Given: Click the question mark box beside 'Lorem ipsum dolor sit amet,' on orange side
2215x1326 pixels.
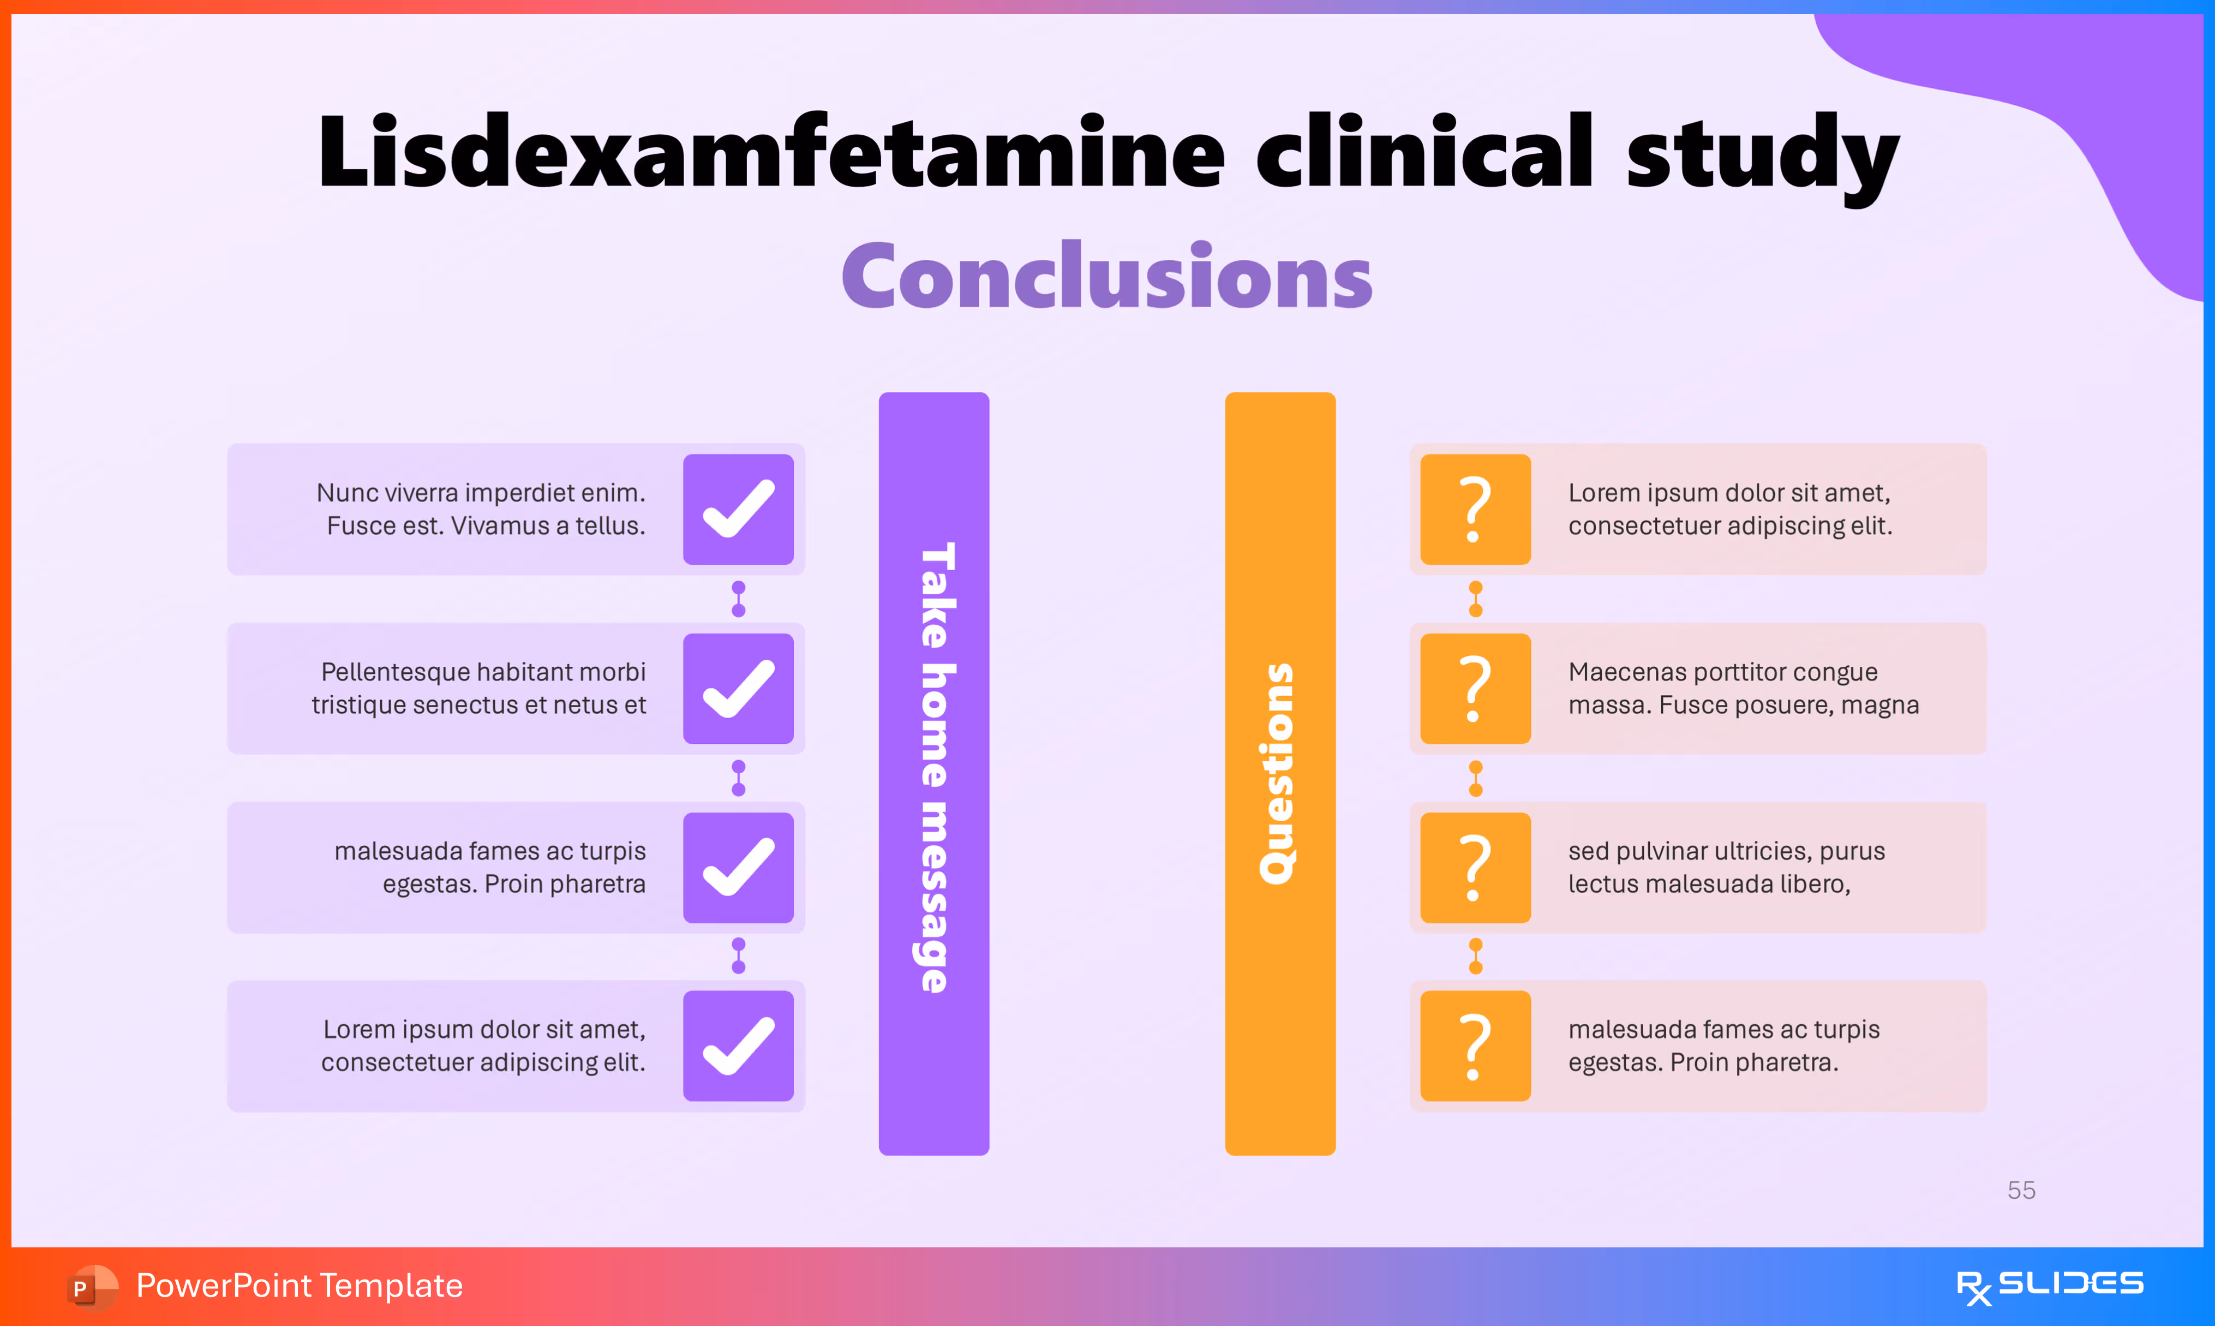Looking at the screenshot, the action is [1475, 509].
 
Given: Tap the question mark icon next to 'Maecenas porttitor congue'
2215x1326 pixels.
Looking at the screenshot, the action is [1475, 689].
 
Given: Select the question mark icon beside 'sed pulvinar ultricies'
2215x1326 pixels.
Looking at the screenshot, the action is [1475, 868].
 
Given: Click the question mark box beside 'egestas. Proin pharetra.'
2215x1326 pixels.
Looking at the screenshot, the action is [1475, 1046].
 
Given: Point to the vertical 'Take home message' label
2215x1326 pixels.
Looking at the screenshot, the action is [934, 768].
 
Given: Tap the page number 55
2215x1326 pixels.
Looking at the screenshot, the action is [2021, 1190].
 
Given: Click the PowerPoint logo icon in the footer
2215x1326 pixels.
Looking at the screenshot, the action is [92, 1287].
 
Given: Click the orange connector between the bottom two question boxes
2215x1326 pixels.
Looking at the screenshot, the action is [1475, 956].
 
